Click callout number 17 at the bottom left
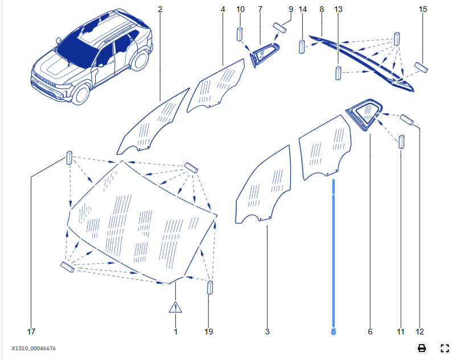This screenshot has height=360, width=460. pos(31,331)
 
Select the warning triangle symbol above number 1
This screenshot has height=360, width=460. pos(175,308)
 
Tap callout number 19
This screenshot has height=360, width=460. pos(209,331)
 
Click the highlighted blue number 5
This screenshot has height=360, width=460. pos(334,331)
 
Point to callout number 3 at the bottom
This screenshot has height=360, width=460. pos(267,331)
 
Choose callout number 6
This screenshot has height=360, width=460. pos(370,331)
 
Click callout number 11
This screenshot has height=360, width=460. pos(401,331)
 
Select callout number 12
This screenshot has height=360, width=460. pos(420,331)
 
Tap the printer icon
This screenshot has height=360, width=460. pos(422,348)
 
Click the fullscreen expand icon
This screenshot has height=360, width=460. pos(445,348)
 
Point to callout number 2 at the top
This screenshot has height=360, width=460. pos(160,9)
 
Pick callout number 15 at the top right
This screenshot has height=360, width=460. pos(422,9)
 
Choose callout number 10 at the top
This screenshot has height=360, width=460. pos(240,9)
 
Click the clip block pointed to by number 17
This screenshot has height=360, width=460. pos(69,156)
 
